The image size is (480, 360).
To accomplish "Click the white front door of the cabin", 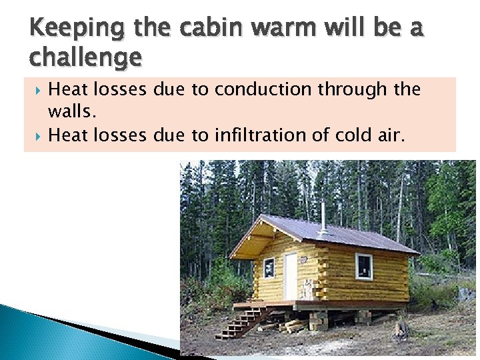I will pos(291,275).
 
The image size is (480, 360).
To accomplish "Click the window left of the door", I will pos(269,267).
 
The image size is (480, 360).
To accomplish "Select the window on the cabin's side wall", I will pos(364,265).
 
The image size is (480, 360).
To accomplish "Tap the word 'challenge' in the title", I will pos(85,58).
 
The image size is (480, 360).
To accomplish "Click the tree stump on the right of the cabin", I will pos(401,329).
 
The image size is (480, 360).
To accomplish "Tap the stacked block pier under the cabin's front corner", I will pos(319,321).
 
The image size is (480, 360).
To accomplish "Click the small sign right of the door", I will pos(307,289).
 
